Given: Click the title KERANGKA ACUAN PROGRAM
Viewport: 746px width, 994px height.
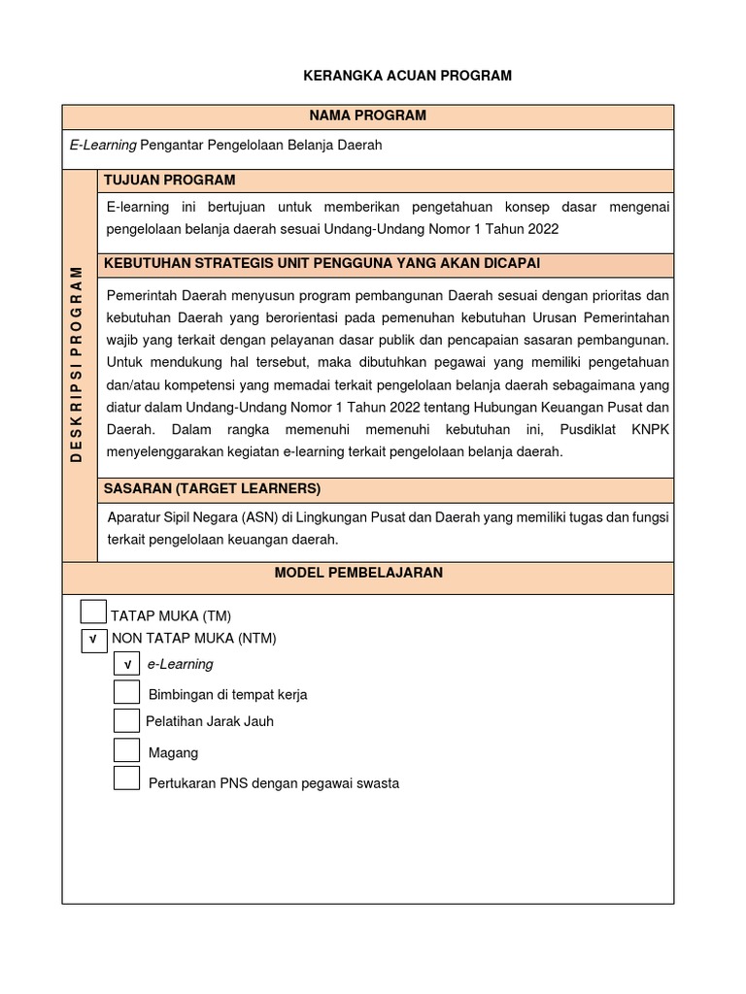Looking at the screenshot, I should (x=407, y=76).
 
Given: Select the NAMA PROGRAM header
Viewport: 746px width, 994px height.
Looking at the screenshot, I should (x=367, y=116).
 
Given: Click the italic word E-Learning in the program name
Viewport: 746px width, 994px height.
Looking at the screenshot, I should (x=103, y=145).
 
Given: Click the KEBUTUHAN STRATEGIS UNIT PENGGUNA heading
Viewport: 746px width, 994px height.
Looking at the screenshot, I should (x=322, y=264).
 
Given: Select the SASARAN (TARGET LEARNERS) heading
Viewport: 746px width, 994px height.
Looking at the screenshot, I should (x=212, y=488).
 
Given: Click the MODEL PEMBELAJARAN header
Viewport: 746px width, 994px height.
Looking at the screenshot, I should (x=358, y=573).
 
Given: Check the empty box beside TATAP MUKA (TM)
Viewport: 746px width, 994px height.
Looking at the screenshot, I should (x=93, y=613).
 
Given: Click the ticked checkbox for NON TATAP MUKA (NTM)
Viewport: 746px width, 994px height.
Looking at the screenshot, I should (x=94, y=640).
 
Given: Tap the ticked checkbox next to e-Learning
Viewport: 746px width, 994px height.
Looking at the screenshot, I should (x=126, y=664).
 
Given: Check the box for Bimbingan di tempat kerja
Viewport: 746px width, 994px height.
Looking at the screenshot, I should (x=126, y=692).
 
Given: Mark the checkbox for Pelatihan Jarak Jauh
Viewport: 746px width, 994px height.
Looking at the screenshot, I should (x=126, y=720).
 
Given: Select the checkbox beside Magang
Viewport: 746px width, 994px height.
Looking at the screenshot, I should (x=126, y=750).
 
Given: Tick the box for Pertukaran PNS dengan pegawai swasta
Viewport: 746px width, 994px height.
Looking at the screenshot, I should (x=126, y=779).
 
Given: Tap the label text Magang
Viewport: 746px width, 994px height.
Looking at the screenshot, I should (x=173, y=752).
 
